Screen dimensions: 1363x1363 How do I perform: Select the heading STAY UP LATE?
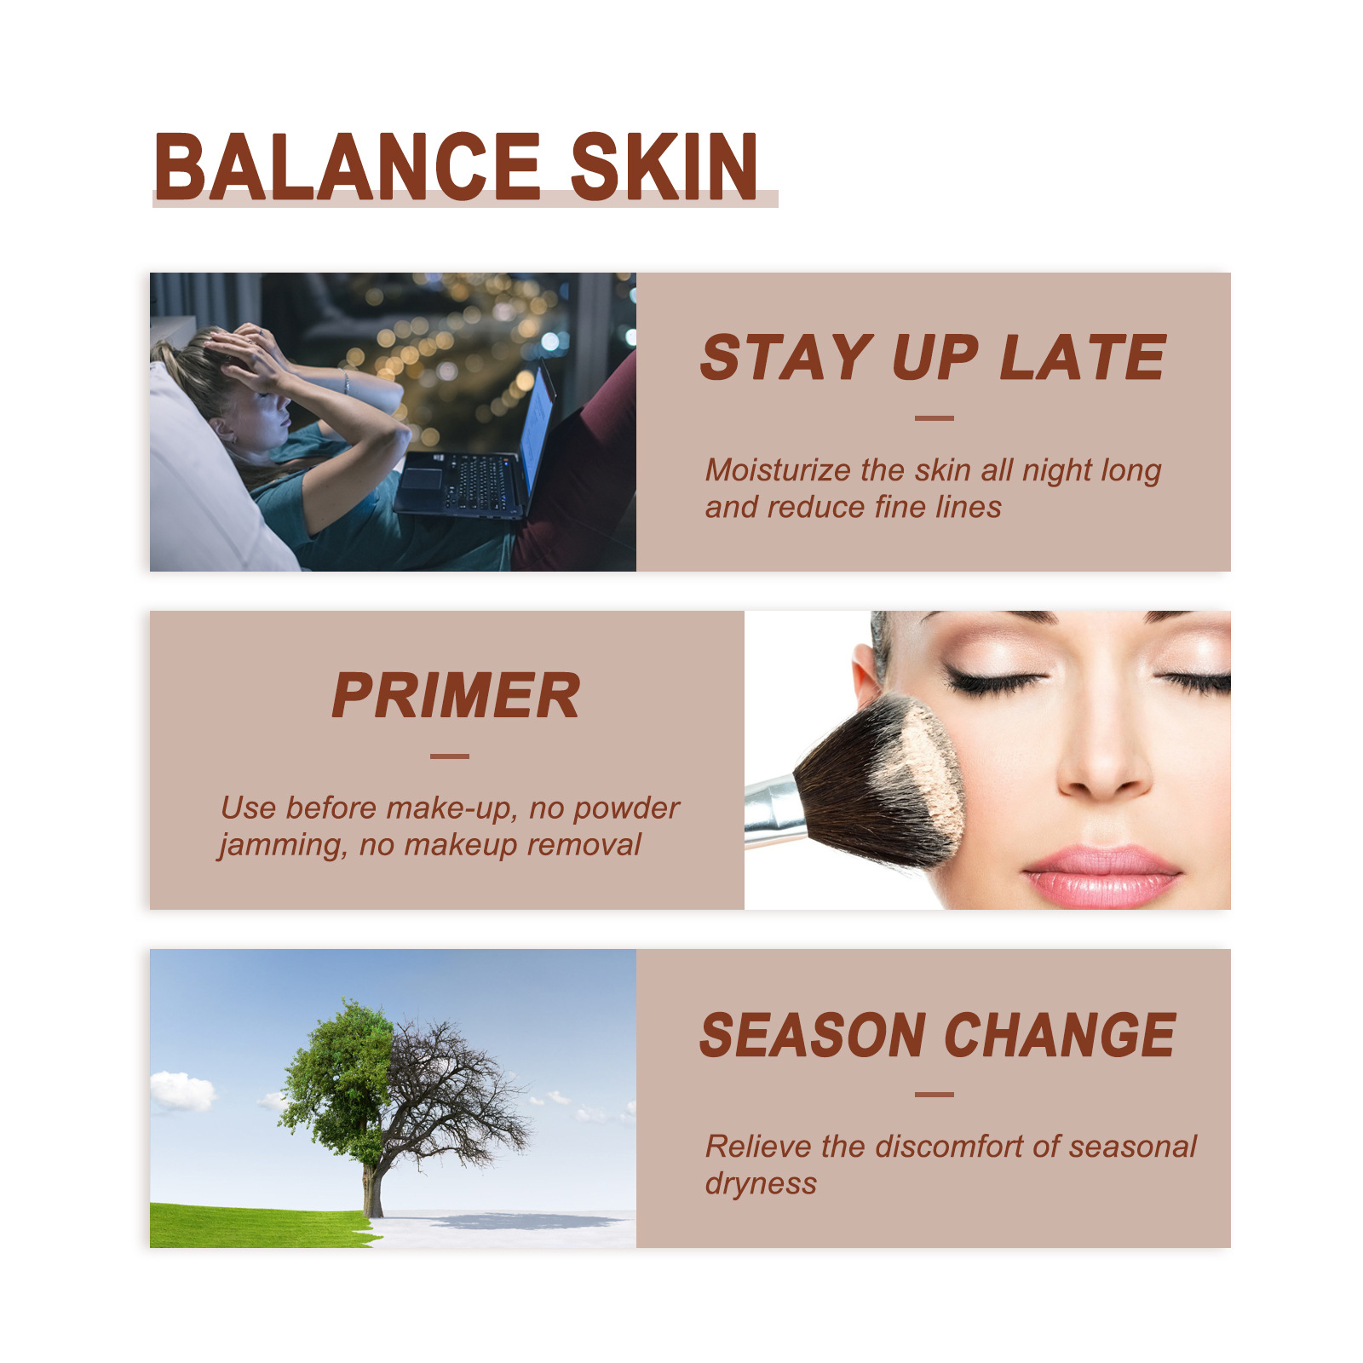(933, 357)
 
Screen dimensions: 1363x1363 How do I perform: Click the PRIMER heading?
(456, 695)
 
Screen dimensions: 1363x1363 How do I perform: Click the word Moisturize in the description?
(778, 469)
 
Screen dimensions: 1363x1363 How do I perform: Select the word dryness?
(761, 1183)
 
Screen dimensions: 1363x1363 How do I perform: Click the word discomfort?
(950, 1147)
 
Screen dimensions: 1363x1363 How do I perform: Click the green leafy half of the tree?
(336, 1082)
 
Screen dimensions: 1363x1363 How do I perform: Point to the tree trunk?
(372, 1188)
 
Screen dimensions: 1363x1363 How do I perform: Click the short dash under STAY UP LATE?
(934, 418)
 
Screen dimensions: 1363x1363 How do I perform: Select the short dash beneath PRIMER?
(450, 756)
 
